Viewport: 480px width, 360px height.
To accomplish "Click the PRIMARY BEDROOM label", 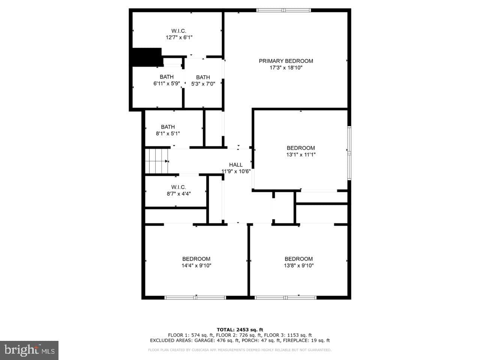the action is click(x=286, y=61).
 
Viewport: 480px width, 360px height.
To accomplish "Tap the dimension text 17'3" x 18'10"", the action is click(x=286, y=67).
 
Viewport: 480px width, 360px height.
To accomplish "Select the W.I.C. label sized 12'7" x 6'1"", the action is click(x=178, y=31).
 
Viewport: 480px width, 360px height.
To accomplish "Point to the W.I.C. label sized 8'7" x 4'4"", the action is click(x=178, y=187).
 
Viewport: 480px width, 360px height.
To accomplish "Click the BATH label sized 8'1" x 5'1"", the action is click(x=168, y=127).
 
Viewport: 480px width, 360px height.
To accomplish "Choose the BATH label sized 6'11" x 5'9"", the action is click(x=166, y=77).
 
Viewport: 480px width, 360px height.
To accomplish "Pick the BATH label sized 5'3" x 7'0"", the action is click(x=203, y=77).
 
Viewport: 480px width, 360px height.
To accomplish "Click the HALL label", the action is click(x=236, y=165).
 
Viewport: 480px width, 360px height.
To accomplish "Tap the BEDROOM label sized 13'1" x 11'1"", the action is click(x=301, y=148).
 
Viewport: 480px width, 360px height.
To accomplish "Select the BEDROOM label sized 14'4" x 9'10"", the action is click(x=196, y=259).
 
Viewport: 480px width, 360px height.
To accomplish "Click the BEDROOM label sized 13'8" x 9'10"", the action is click(x=299, y=259).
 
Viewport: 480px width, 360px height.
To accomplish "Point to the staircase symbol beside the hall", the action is click(x=157, y=161).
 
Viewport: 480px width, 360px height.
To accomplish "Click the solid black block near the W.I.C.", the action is click(x=147, y=57).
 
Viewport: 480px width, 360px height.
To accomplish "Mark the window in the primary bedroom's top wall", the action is click(x=283, y=10).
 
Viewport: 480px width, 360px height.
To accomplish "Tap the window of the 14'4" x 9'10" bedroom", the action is click(x=195, y=297).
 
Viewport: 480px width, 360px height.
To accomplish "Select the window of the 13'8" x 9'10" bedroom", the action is click(x=286, y=297).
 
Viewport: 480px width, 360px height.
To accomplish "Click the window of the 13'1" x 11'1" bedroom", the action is click(x=349, y=153).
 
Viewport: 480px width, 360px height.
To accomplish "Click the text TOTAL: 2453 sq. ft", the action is click(x=240, y=330).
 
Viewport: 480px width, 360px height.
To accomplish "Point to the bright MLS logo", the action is click(x=29, y=350).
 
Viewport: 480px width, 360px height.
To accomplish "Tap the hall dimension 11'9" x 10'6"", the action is click(x=236, y=171).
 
